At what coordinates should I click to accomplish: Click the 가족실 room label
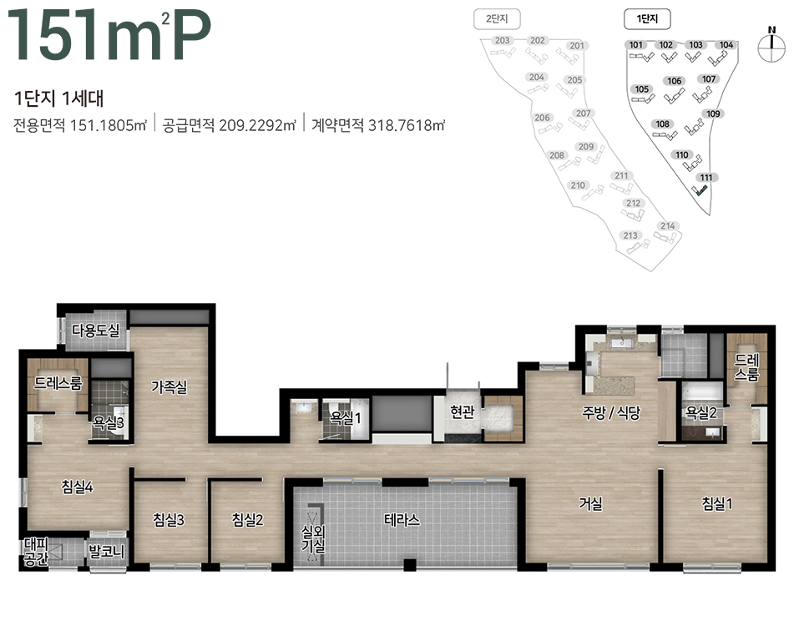click(x=169, y=387)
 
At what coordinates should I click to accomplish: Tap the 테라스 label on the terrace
click(x=402, y=520)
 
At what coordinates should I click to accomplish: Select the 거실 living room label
click(x=590, y=503)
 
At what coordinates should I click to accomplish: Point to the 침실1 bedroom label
click(x=716, y=503)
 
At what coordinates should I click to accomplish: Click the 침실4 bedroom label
click(x=77, y=487)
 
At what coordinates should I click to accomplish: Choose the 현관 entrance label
click(x=463, y=411)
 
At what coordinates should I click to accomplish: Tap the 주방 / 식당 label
click(x=611, y=412)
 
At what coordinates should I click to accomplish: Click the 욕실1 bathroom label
click(x=346, y=418)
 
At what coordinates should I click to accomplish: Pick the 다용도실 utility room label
click(x=96, y=331)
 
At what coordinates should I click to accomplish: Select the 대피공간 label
click(x=36, y=552)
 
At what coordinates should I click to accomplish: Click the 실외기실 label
click(x=313, y=538)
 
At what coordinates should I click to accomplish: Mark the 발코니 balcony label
click(x=106, y=551)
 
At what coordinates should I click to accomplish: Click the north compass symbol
click(x=771, y=46)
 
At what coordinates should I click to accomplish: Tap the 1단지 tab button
click(x=647, y=19)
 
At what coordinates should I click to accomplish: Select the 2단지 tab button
click(x=497, y=19)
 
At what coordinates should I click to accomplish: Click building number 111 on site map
click(x=706, y=177)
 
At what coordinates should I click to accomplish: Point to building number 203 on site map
click(x=503, y=41)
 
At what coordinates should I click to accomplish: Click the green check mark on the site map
click(x=700, y=191)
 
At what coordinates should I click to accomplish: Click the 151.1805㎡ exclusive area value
click(x=109, y=125)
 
